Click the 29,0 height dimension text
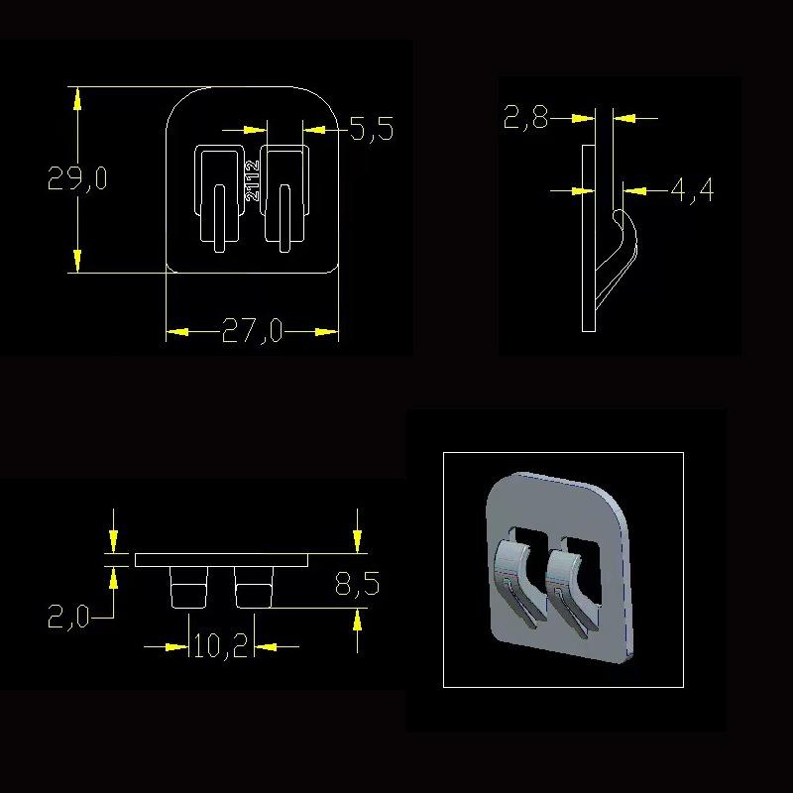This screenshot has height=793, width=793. [x=77, y=178]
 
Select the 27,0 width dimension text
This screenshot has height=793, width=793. [x=252, y=331]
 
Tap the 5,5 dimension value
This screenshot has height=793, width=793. [x=372, y=129]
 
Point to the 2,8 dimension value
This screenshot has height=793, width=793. [x=526, y=117]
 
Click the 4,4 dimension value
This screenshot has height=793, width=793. [x=692, y=190]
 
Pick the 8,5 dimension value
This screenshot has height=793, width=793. [x=357, y=584]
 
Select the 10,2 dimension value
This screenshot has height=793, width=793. [x=220, y=646]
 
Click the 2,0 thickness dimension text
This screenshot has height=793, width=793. [x=68, y=617]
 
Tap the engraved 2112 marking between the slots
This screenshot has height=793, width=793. [x=252, y=180]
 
